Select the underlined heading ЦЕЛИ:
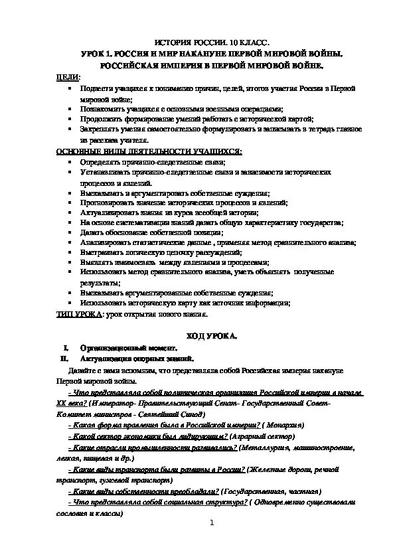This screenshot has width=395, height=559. click(x=65, y=78)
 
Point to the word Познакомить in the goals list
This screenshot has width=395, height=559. click(x=102, y=109)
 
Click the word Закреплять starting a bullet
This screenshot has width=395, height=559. click(x=100, y=129)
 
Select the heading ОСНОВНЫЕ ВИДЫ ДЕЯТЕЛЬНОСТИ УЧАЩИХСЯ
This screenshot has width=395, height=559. click(x=149, y=151)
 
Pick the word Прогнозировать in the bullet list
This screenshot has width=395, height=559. click(x=108, y=203)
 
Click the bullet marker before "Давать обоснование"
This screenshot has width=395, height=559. click(x=69, y=233)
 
